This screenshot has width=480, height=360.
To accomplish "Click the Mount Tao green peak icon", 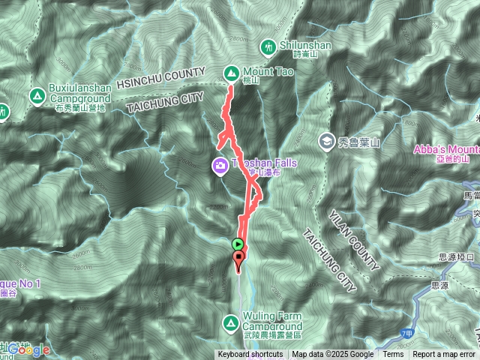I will coord(230,73).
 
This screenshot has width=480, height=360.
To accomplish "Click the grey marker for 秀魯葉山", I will coord(326,140).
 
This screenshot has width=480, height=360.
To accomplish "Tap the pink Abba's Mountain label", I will coord(446,148).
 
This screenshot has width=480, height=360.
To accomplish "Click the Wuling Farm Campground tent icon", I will coord(230,323).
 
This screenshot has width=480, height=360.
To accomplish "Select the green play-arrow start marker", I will coord(238,244).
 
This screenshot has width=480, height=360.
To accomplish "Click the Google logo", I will coord(30,349).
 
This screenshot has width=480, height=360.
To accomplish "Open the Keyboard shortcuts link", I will coord(250,355).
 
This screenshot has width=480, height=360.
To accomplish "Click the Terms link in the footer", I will coord(393,355).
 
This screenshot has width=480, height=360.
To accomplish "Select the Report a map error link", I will coord(444,355).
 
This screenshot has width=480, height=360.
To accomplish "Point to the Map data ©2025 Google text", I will coord(332,355).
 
